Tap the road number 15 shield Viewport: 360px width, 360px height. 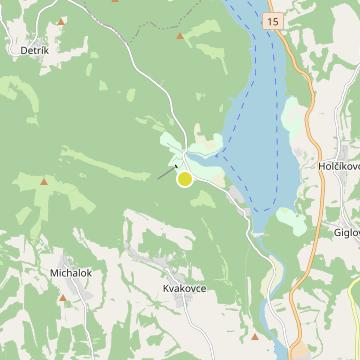(274, 20)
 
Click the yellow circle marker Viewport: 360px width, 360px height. (184, 179)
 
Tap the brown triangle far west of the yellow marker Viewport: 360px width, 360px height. (43, 181)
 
